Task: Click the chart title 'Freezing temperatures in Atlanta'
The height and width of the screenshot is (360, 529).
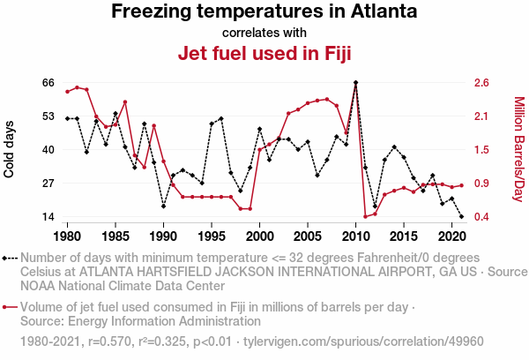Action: pyautogui.click(x=264, y=12)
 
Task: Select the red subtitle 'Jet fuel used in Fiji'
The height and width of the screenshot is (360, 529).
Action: pyautogui.click(x=264, y=54)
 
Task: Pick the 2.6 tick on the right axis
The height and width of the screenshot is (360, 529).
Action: pyautogui.click(x=481, y=83)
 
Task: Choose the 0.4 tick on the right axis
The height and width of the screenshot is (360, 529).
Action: pyautogui.click(x=481, y=217)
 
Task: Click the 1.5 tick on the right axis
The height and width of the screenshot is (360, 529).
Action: pyautogui.click(x=481, y=150)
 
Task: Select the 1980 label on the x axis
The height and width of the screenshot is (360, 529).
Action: pyautogui.click(x=67, y=236)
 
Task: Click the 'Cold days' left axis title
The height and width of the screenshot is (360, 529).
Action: pyautogui.click(x=10, y=148)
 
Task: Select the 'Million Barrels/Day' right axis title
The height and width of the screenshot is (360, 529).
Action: pyautogui.click(x=518, y=148)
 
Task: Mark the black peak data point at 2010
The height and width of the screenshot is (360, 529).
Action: pyautogui.click(x=355, y=83)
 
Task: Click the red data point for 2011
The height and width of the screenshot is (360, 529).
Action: pyautogui.click(x=365, y=216)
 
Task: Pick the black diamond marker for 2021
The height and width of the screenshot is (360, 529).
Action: pyautogui.click(x=461, y=216)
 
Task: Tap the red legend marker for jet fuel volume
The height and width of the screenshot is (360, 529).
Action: pyautogui.click(x=9, y=308)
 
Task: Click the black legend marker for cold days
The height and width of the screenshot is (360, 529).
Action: pyautogui.click(x=9, y=258)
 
